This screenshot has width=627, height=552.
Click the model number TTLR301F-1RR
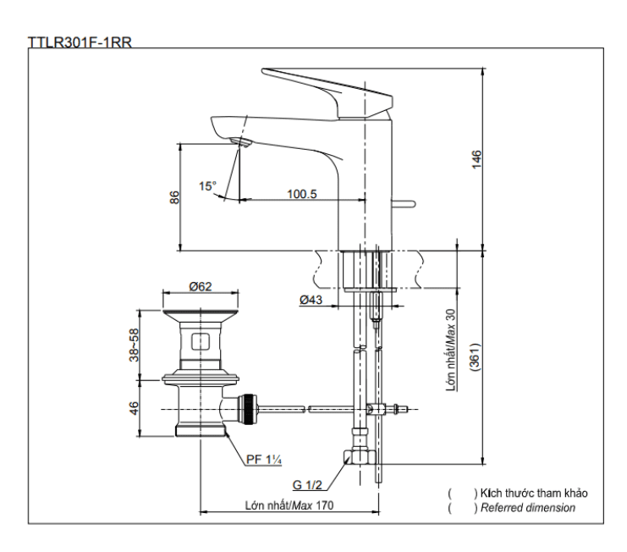(80, 41)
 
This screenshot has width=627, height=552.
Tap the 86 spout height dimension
(174, 197)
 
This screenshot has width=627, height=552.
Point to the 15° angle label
(207, 185)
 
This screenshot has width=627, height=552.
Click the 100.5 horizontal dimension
(301, 194)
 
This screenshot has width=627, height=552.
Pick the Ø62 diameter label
(200, 286)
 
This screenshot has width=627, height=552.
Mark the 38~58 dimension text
(134, 345)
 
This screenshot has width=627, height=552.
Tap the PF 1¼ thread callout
(264, 460)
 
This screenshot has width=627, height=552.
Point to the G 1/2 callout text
(308, 485)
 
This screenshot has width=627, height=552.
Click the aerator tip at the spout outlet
(242, 143)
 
